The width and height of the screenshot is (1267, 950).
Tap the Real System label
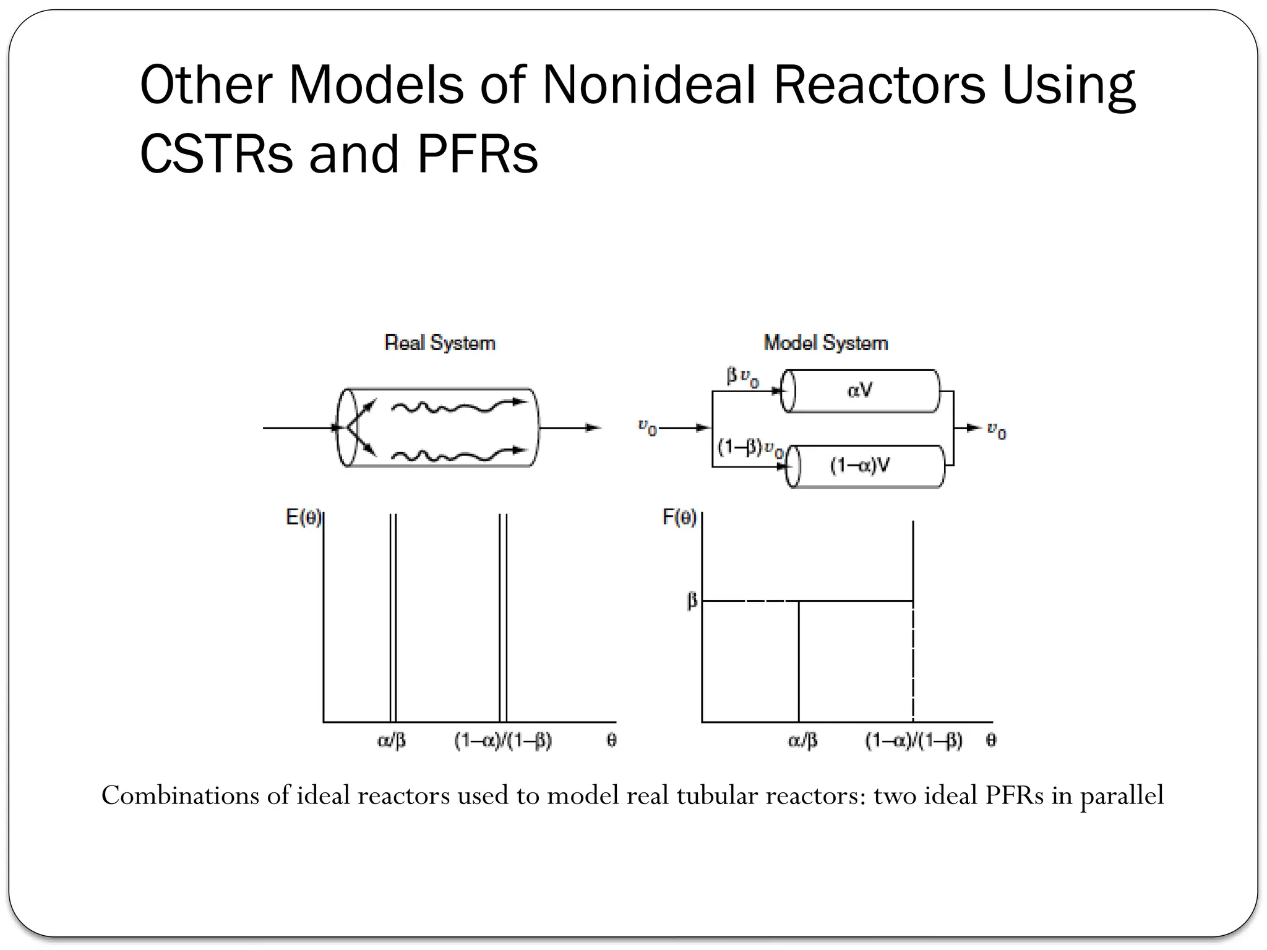coord(440,343)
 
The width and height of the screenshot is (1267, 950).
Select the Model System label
coord(826,343)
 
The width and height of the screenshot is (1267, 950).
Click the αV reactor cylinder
coord(861,390)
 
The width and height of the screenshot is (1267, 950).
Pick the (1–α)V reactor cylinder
coord(865,466)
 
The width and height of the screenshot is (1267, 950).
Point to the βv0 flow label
coord(742,377)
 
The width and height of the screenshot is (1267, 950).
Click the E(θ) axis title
coord(303,517)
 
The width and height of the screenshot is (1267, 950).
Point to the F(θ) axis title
coord(679,517)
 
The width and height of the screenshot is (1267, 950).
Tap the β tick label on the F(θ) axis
coord(692,601)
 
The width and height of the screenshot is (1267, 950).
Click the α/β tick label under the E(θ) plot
coord(392,740)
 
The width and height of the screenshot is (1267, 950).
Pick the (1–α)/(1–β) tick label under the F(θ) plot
coord(914,740)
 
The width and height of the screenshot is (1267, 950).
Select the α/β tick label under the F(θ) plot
coord(802,740)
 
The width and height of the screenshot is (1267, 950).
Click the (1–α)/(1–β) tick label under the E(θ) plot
coord(503,740)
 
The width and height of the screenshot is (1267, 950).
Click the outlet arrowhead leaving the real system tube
coord(594,427)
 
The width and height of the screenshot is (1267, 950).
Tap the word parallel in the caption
coord(1122,795)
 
